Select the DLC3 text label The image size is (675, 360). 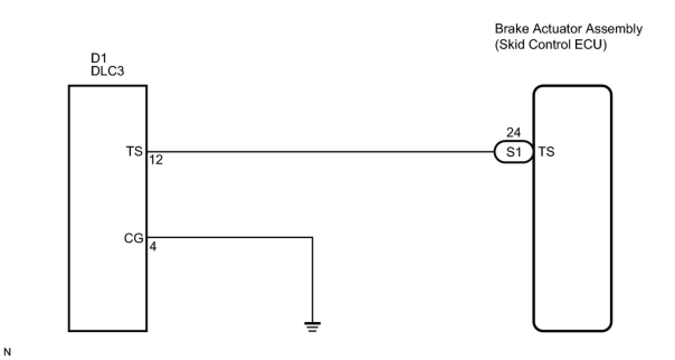tap(107, 71)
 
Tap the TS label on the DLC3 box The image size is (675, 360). tap(135, 151)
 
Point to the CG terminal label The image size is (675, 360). tap(135, 238)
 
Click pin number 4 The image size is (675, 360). tap(153, 246)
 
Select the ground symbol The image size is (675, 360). tap(312, 327)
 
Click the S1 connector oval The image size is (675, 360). tap(514, 151)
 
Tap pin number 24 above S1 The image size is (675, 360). tap(513, 133)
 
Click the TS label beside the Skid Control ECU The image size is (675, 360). tap(546, 151)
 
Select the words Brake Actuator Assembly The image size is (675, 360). tap(568, 29)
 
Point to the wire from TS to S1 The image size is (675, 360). tap(319, 151)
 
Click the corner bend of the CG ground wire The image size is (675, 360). tap(312, 237)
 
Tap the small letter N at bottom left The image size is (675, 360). tap(7, 352)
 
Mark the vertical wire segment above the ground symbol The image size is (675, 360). tap(312, 280)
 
